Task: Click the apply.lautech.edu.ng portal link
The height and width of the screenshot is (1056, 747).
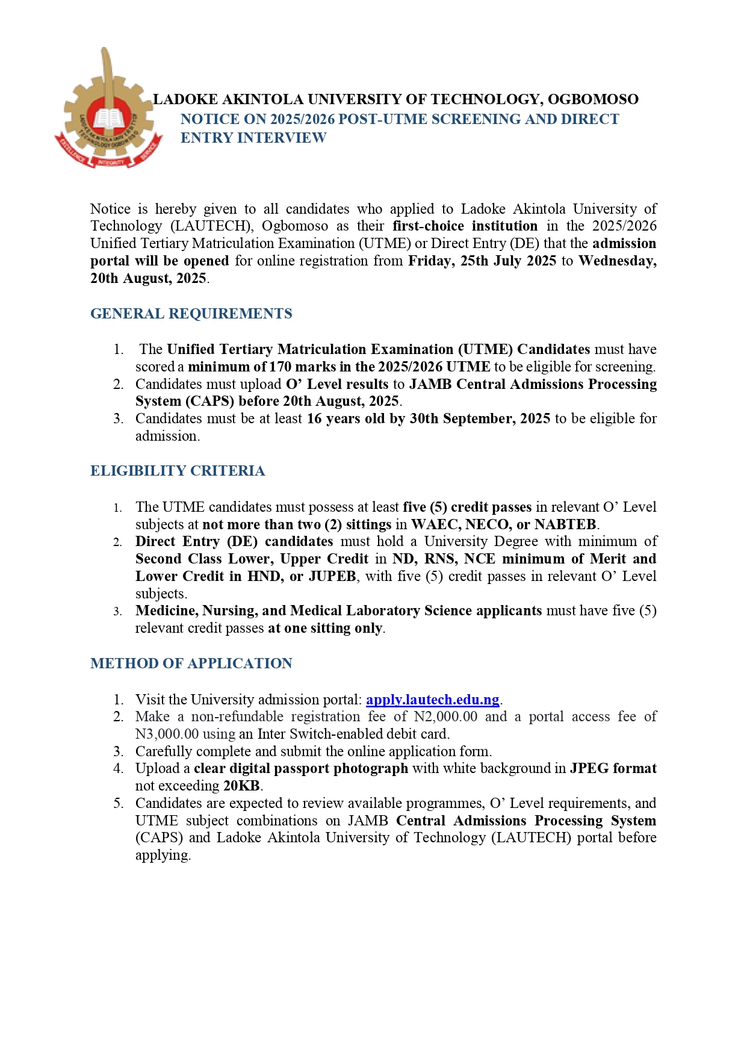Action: coord(432,700)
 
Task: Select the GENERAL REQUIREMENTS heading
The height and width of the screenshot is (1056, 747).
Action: coord(191,314)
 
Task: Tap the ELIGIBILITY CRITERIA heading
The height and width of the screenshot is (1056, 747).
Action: coord(178,471)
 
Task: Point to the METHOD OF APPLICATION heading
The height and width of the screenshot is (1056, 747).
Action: coord(191,663)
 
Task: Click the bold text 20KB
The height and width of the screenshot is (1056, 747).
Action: coord(241,786)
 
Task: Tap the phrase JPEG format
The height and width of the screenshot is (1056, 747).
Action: coord(613,768)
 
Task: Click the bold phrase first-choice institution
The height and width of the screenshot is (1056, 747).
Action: coord(465,226)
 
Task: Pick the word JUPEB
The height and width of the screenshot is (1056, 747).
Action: coord(332,576)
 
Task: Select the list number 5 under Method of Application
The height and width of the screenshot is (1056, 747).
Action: coord(118,803)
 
